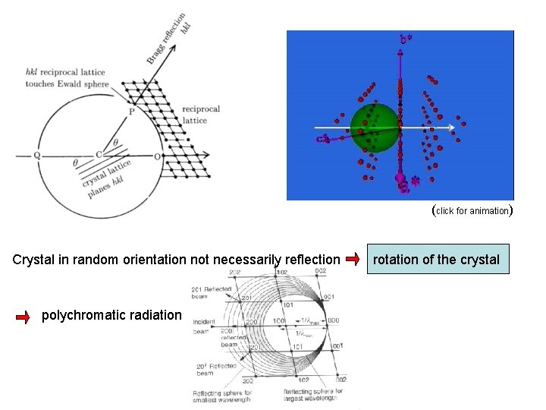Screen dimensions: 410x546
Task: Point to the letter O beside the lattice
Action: [157, 156]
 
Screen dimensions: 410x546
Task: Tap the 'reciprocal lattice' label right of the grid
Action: [201, 115]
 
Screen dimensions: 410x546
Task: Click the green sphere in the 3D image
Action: [375, 126]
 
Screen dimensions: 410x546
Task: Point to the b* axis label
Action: [406, 38]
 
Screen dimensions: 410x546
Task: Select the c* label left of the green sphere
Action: [322, 139]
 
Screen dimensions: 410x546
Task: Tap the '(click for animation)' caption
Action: [472, 210]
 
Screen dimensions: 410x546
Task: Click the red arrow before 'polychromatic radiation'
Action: [24, 316]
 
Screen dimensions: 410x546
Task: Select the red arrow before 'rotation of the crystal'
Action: [352, 260]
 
